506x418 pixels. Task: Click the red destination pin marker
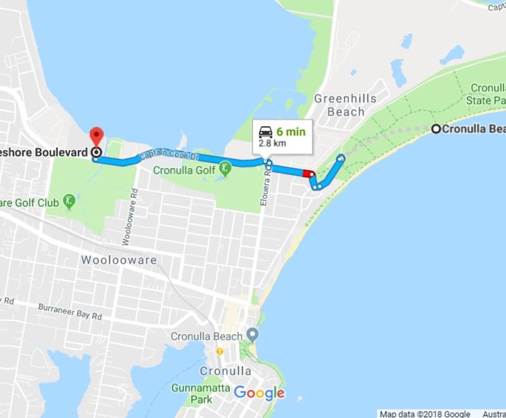point(96,135)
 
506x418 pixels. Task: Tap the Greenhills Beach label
point(345,105)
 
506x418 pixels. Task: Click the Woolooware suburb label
point(119,260)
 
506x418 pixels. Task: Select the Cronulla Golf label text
point(185,170)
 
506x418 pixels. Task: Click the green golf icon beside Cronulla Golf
point(225,167)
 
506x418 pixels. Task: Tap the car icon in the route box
point(265,131)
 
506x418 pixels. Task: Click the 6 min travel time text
point(291,131)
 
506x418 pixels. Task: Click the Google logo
point(259,393)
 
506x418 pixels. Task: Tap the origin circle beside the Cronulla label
point(436,129)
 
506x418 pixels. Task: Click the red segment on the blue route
point(308,173)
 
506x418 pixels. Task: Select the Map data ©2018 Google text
point(425,414)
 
